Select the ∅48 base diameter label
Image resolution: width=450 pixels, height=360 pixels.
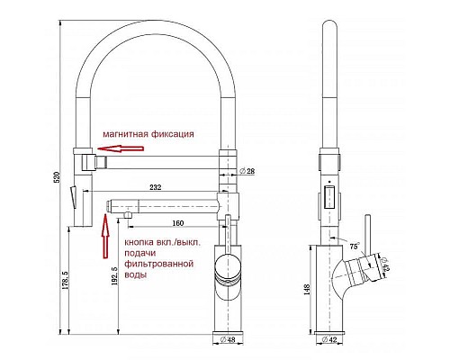228,339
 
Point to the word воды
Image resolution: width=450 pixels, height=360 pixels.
136,274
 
